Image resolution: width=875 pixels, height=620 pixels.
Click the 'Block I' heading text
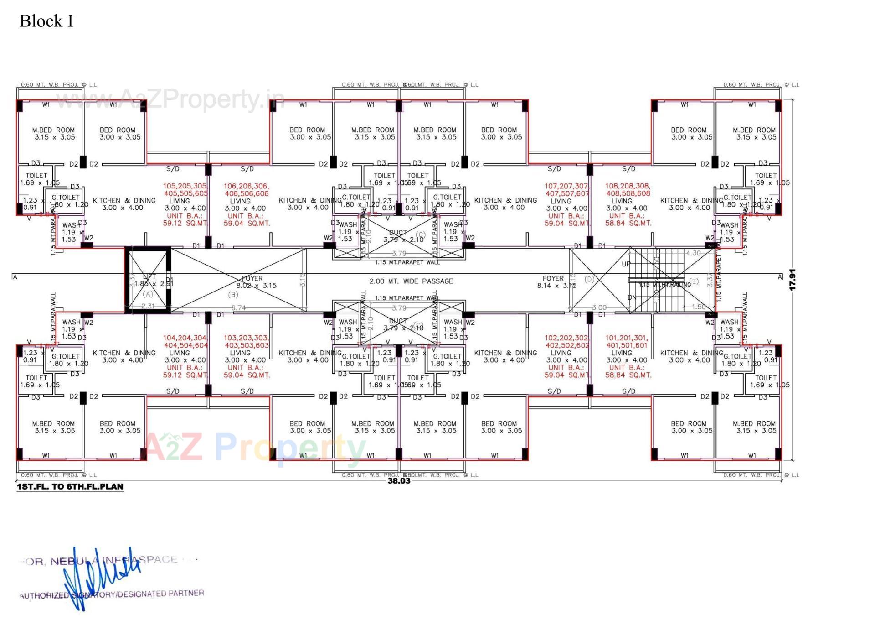pyautogui.click(x=46, y=21)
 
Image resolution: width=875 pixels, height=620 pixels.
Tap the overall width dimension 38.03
pyautogui.click(x=399, y=480)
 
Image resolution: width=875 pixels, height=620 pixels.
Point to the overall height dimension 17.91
pyautogui.click(x=793, y=279)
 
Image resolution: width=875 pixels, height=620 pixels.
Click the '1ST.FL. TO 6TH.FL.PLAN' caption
pyautogui.click(x=70, y=486)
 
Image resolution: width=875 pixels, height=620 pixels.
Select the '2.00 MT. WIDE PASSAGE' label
pyautogui.click(x=411, y=281)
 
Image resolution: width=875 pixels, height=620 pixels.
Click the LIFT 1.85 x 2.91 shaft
pyautogui.click(x=149, y=280)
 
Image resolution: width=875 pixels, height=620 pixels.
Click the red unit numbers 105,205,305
pyautogui.click(x=185, y=186)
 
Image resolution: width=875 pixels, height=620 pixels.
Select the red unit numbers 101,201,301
pyautogui.click(x=626, y=338)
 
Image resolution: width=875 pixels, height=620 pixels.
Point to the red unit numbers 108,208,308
pyautogui.click(x=627, y=186)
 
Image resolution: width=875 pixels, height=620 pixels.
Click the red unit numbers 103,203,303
pyautogui.click(x=246, y=338)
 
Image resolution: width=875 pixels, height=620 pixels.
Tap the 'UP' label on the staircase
pyautogui.click(x=626, y=264)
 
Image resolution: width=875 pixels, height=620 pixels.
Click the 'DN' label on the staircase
pyautogui.click(x=632, y=297)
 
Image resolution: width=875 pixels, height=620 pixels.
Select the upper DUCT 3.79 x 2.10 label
pyautogui.click(x=398, y=236)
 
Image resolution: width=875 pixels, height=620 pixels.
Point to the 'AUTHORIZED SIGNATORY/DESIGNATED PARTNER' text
pyautogui.click(x=112, y=594)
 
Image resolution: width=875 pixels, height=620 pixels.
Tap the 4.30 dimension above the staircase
pyautogui.click(x=693, y=253)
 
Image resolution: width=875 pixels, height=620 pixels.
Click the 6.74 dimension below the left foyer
pyautogui.click(x=238, y=308)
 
